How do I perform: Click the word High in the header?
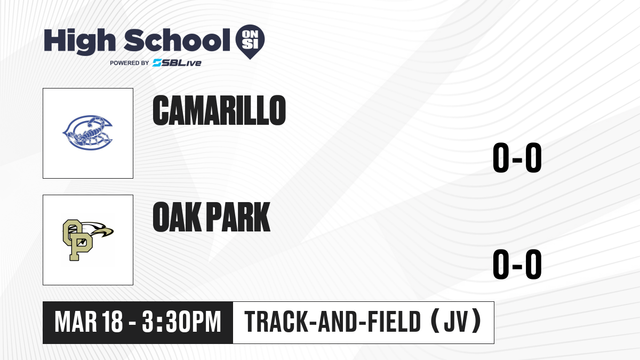pyautogui.click(x=80, y=42)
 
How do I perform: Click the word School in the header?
pyautogui.click(x=177, y=40)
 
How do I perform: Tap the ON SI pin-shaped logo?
pyautogui.click(x=250, y=42)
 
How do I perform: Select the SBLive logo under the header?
pyautogui.click(x=177, y=63)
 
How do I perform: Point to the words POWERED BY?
pyautogui.click(x=130, y=63)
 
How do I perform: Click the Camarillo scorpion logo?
pyautogui.click(x=87, y=133)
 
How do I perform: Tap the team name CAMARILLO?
pyautogui.click(x=219, y=110)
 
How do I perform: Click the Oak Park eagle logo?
pyautogui.click(x=88, y=240)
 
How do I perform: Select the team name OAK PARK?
pyautogui.click(x=211, y=217)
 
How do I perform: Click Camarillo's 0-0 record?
pyautogui.click(x=517, y=157)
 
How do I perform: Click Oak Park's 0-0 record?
pyautogui.click(x=517, y=264)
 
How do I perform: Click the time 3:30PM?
pyautogui.click(x=182, y=322)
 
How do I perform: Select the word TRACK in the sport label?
pyautogui.click(x=276, y=322)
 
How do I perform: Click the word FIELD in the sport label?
pyautogui.click(x=394, y=322)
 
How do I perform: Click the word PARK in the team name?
pyautogui.click(x=238, y=217)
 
